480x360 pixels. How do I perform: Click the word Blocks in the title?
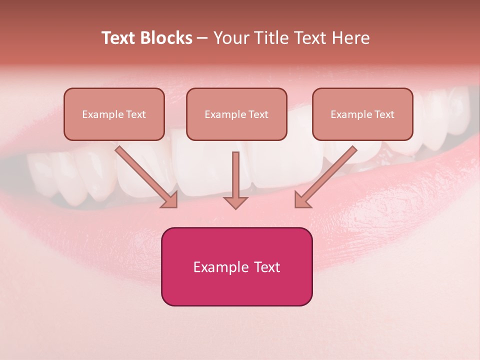166,38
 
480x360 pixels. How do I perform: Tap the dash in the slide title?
202,38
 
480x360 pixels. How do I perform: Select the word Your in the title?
232,38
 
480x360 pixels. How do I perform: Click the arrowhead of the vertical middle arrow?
235,202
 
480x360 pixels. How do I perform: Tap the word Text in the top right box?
384,114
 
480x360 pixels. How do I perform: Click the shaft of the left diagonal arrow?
140,170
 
